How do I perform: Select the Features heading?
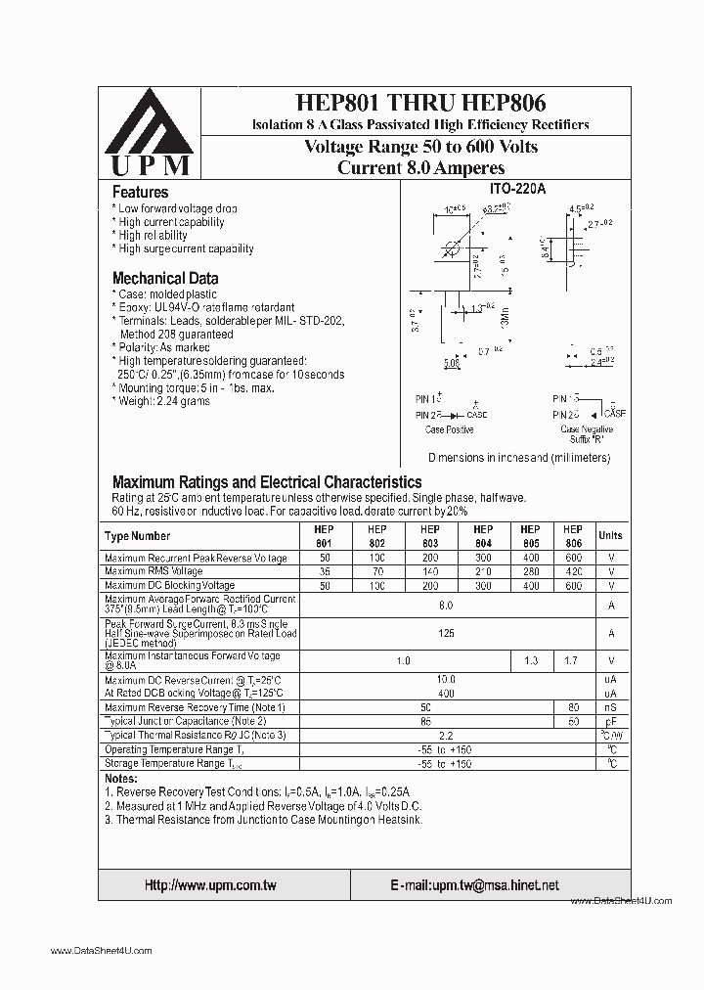point(140,193)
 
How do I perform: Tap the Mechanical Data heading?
point(164,278)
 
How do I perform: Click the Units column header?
point(609,536)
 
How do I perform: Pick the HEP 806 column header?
point(573,536)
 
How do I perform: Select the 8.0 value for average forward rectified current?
point(446,606)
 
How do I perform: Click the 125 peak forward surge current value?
point(446,634)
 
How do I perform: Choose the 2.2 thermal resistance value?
point(446,735)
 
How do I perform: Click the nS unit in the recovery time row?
point(609,707)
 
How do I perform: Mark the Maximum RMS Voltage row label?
point(154,571)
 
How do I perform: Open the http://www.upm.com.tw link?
point(210,885)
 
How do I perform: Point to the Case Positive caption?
point(450,429)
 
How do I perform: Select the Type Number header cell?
point(137,536)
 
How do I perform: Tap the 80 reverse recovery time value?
point(573,707)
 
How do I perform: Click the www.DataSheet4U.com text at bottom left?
point(101,951)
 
